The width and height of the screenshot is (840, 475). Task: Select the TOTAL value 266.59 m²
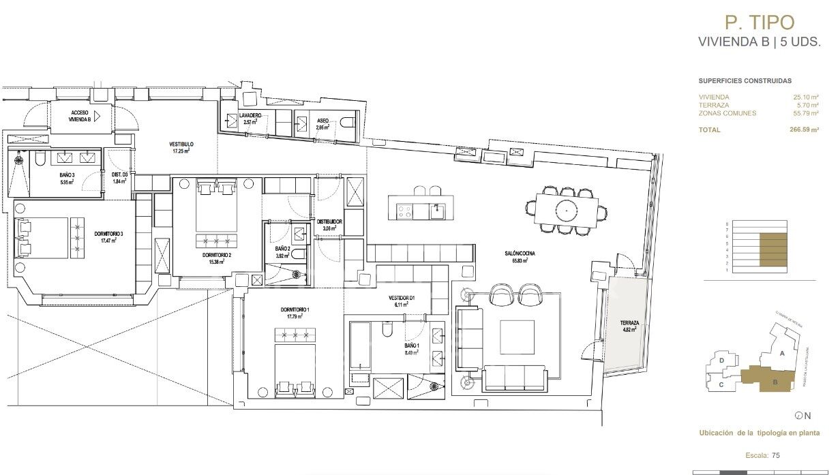point(806,129)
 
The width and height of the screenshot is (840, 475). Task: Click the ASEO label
point(322,119)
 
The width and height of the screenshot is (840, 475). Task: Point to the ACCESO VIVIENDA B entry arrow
point(96,116)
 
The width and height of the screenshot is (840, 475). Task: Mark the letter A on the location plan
point(783,353)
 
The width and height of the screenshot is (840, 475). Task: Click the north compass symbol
point(798,415)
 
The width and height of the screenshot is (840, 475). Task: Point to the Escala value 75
point(775,455)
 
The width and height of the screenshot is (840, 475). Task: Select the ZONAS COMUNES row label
point(727,113)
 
